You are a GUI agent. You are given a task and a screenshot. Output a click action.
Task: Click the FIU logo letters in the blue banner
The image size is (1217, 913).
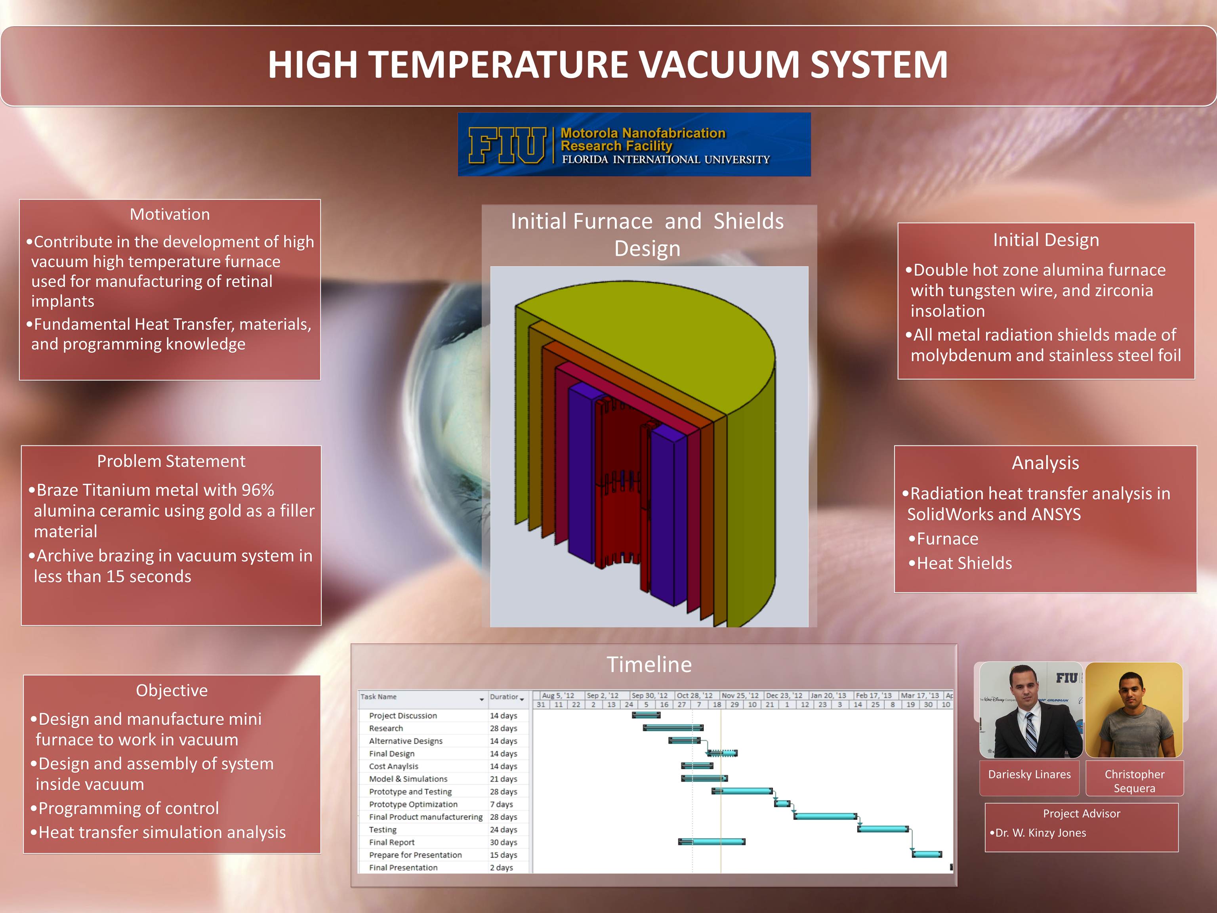point(507,145)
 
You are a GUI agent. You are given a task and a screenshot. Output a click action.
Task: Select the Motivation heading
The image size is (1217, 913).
point(170,214)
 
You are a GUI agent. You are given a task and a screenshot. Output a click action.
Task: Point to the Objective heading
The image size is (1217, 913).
point(172,690)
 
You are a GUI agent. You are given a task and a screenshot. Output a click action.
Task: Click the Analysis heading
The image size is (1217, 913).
point(1045,463)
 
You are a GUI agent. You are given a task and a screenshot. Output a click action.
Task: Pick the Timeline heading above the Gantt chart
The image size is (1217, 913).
point(649,664)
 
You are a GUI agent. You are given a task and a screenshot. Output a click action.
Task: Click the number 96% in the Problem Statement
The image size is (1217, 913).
point(258,490)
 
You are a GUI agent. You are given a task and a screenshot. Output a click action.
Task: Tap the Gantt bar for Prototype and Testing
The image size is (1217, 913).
point(742,791)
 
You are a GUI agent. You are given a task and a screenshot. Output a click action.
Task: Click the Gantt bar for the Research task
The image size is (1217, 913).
point(673,728)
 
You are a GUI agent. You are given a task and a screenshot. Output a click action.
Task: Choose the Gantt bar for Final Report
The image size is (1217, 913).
point(712,841)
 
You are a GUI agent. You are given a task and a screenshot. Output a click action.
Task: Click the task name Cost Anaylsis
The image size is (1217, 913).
point(393,766)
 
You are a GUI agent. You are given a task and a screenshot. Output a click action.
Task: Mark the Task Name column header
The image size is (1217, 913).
point(378,697)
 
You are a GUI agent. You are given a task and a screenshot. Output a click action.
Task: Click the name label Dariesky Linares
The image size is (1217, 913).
point(1029,774)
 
